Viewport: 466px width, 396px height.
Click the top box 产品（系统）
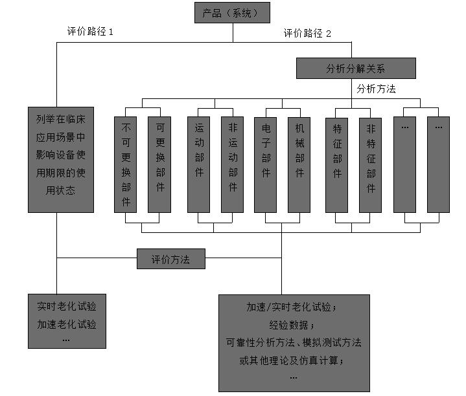click(232, 13)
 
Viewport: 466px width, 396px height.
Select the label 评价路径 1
click(91, 31)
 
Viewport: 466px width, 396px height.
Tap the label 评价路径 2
click(307, 34)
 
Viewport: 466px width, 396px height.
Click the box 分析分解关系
click(356, 68)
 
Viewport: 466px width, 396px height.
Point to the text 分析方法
click(376, 89)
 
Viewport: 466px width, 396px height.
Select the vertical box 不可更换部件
click(126, 164)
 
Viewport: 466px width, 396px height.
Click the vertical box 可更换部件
click(159, 164)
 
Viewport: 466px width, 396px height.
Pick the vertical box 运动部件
click(198, 164)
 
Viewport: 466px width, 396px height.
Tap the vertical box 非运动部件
click(232, 164)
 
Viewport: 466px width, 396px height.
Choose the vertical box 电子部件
click(266, 164)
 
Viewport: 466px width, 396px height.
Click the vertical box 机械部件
click(299, 164)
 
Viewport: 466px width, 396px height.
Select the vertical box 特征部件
click(337, 164)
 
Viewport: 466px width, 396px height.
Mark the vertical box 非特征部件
click(371, 164)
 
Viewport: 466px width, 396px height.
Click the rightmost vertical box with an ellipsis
click(438, 164)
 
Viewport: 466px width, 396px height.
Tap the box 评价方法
click(170, 259)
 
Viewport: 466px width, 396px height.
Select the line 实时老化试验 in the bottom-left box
click(67, 306)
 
